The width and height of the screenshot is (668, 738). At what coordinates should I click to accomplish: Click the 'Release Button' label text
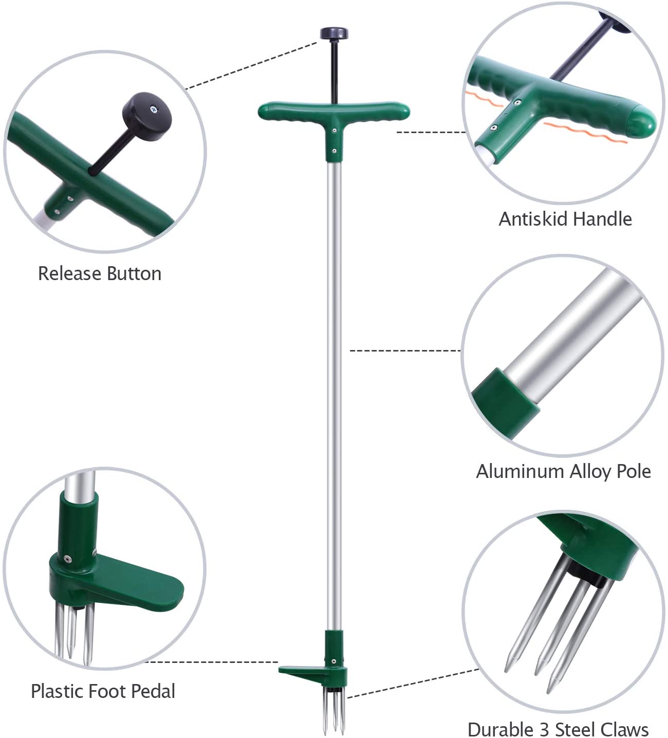100,273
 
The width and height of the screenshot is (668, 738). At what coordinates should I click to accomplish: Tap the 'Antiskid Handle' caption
565,219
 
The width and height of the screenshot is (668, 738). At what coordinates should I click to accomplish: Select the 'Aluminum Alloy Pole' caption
563,471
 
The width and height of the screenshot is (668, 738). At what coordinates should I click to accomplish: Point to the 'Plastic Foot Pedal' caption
103,691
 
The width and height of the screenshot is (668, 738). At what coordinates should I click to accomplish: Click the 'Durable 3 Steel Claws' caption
558,729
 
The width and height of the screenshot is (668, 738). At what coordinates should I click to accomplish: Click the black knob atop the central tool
334,34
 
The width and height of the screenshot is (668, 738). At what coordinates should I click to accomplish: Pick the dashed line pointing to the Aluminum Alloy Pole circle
405,351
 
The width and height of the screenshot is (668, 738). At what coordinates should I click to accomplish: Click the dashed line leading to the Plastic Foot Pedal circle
211,662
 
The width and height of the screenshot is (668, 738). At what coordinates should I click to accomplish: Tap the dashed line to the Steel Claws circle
411,684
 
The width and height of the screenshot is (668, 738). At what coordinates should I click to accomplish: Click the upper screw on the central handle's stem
334,131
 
